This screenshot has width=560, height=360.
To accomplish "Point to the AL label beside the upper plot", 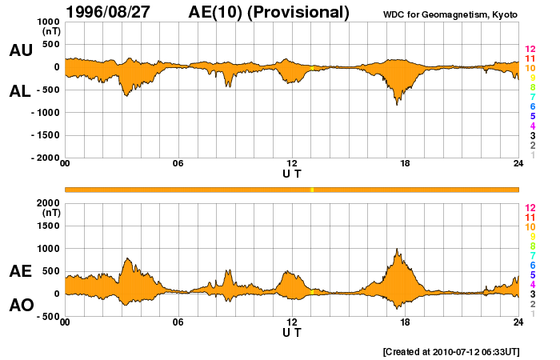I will click(20, 91).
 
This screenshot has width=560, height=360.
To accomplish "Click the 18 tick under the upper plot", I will click(405, 164).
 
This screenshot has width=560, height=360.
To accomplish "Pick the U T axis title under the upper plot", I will click(292, 173).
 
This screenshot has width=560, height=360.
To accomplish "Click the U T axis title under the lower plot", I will click(292, 331).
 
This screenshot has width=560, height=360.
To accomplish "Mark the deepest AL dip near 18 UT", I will click(397, 104).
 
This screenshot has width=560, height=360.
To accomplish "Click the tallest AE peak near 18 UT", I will click(397, 249).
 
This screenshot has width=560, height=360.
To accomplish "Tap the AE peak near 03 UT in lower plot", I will click(126, 258).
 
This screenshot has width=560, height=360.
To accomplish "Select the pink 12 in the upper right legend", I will click(530, 50).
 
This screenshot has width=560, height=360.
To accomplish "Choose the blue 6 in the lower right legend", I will click(530, 265).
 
